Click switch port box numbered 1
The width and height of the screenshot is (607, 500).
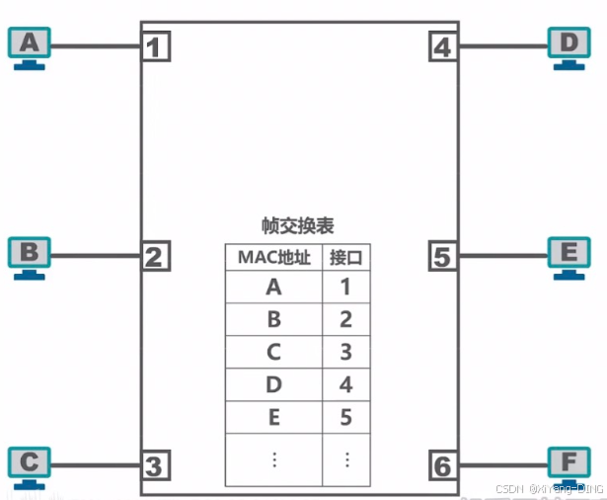[x=155, y=46]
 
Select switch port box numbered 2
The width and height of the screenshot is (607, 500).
[x=154, y=257]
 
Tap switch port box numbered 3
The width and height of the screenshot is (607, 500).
[x=154, y=464]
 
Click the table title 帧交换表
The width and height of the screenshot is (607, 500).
[x=297, y=225]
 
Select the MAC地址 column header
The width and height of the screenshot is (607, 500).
[x=273, y=257]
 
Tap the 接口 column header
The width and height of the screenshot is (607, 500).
[x=345, y=257]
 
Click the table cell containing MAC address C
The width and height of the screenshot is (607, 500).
[x=273, y=352]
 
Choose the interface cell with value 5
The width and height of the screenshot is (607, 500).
[x=345, y=416]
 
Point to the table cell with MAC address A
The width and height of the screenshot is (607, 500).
[x=273, y=288]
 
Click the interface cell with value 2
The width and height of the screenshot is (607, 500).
[x=345, y=319]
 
